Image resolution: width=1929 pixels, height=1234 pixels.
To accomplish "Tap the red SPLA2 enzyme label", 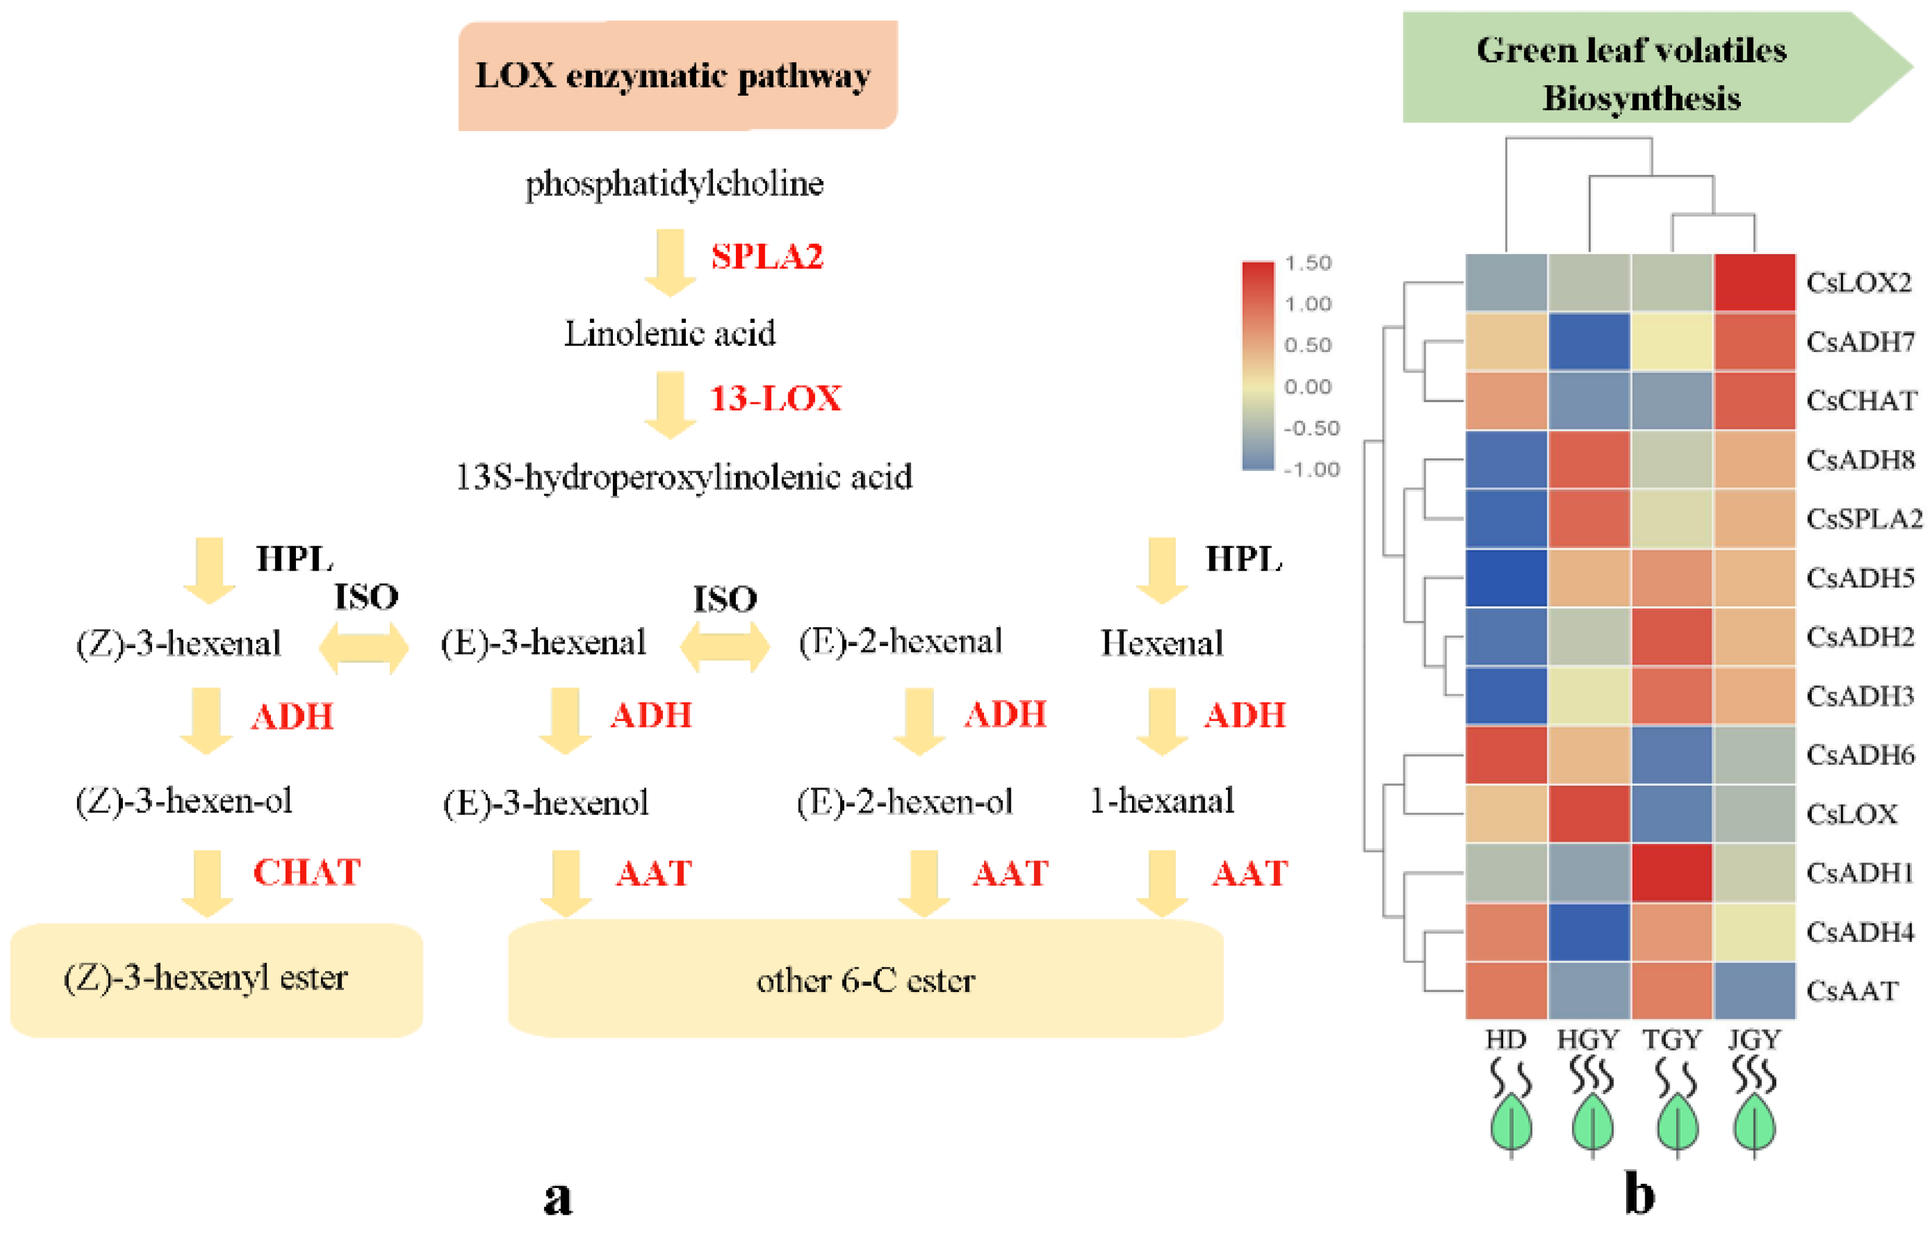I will click(x=767, y=257).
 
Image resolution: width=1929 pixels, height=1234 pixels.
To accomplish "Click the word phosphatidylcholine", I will click(x=673, y=184).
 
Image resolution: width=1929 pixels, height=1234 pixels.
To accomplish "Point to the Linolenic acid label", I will click(x=670, y=333).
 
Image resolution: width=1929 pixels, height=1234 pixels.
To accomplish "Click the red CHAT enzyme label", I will click(x=307, y=873).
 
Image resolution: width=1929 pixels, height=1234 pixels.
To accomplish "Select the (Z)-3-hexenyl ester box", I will click(x=216, y=979).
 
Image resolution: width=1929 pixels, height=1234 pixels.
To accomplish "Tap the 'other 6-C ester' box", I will click(x=865, y=979).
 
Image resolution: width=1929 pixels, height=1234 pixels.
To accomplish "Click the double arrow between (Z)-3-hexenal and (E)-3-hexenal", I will click(x=364, y=648).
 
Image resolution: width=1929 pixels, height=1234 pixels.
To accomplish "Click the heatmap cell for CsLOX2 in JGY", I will click(x=1754, y=282).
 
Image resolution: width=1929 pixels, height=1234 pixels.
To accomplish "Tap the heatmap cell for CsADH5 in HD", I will click(x=1506, y=578).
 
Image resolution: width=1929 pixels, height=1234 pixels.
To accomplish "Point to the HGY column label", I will click(x=1588, y=1039).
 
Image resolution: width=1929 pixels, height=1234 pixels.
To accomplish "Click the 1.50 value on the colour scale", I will click(x=1307, y=263).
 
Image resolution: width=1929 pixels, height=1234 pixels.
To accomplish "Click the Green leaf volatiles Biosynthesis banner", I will click(x=1642, y=72).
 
